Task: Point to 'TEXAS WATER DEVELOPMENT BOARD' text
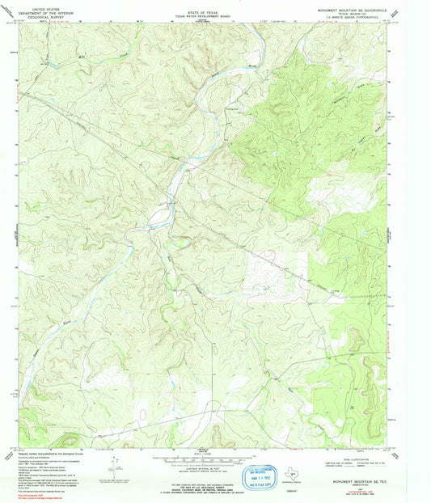point(202,12)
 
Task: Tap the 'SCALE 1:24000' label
point(203,454)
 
